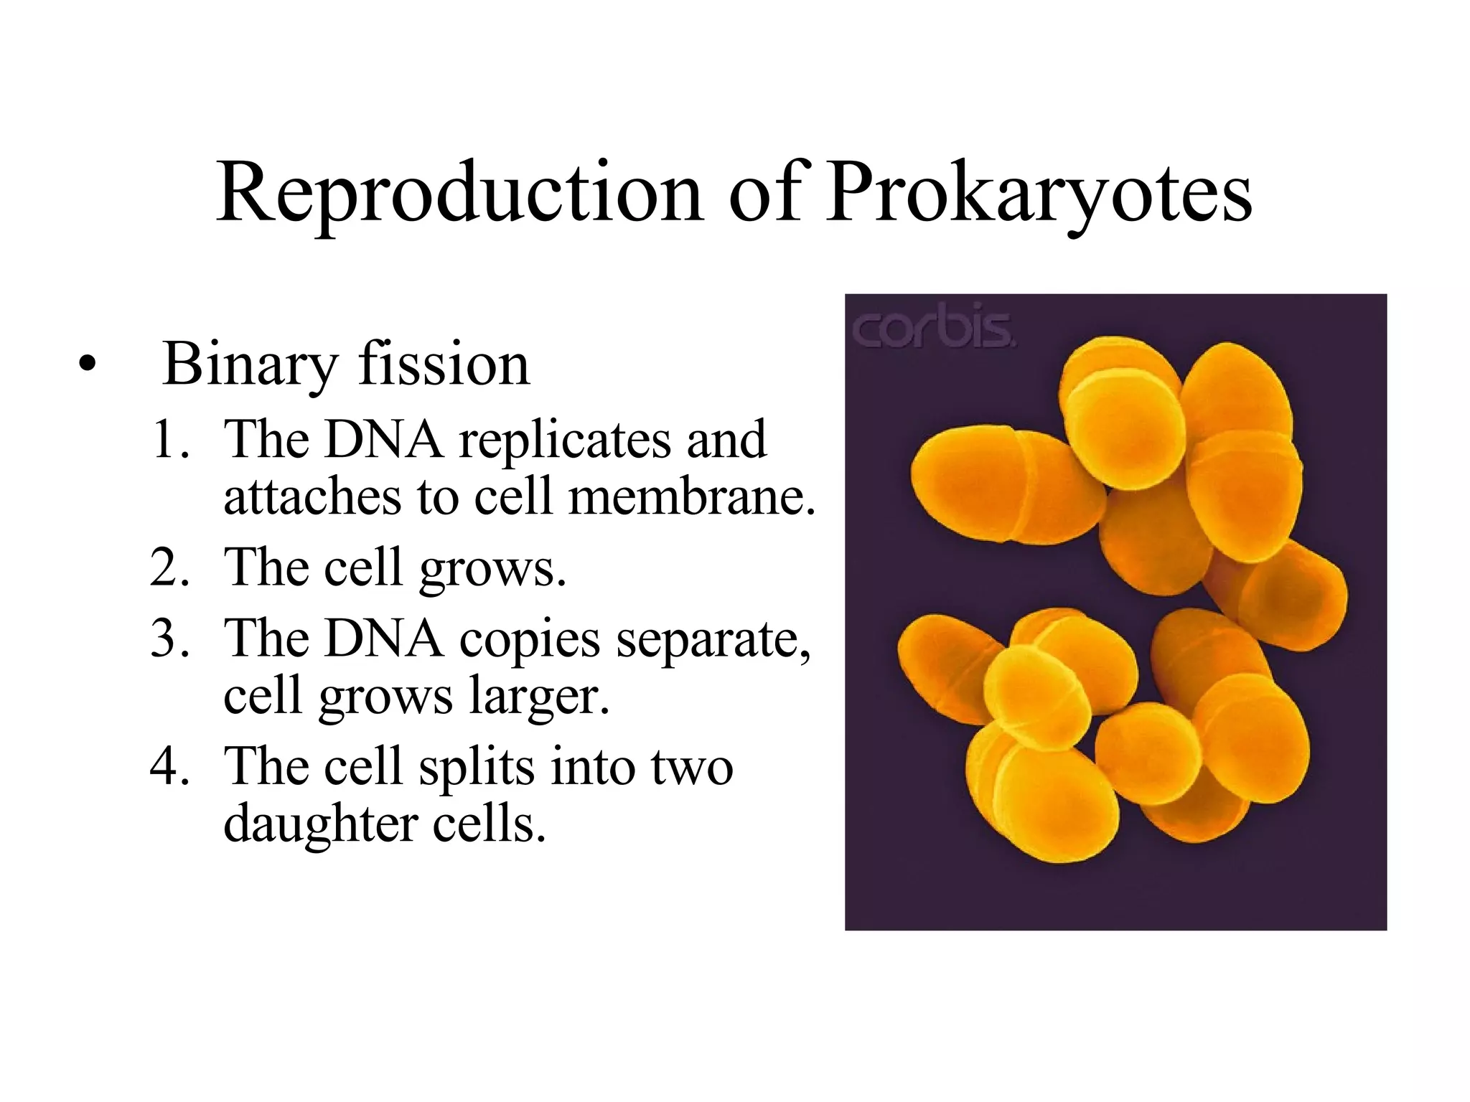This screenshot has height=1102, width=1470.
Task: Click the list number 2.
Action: click(169, 568)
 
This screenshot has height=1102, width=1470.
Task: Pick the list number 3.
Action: click(169, 638)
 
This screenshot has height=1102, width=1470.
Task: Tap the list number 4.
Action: click(169, 766)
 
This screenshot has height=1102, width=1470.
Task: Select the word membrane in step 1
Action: click(691, 496)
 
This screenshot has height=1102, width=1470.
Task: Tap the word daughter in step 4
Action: click(321, 824)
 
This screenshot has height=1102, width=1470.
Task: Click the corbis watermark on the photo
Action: click(933, 331)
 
